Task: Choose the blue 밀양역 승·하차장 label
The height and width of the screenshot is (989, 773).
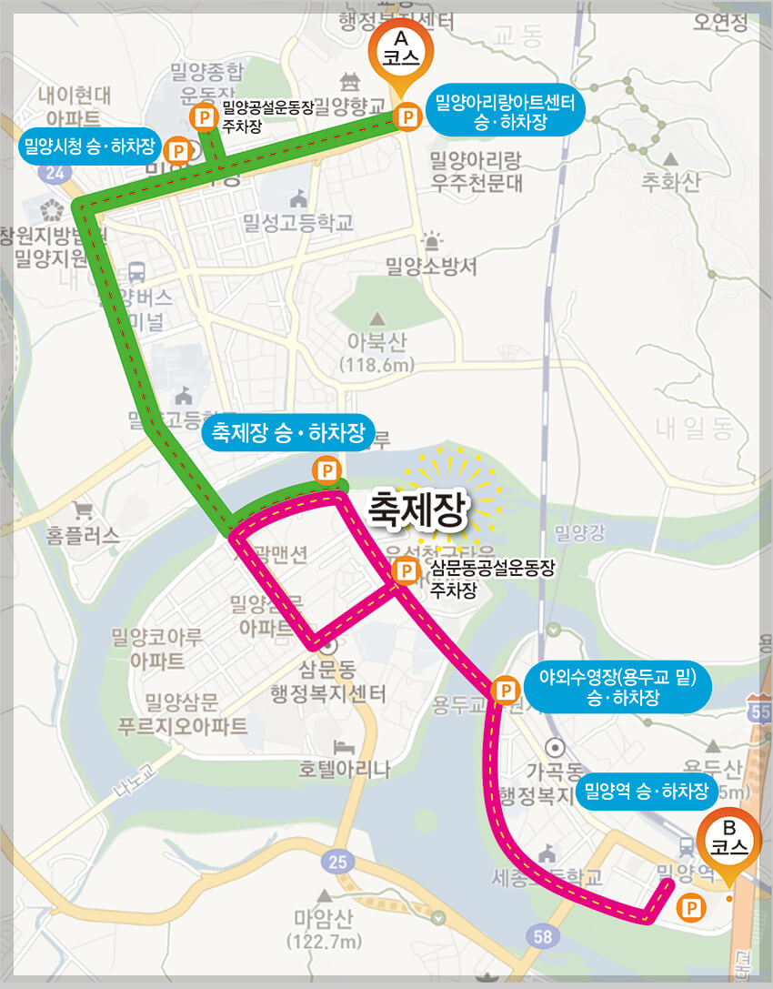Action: point(647,792)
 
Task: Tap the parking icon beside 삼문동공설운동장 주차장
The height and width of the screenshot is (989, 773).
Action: point(406,571)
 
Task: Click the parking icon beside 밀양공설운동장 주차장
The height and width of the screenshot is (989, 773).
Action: point(204,116)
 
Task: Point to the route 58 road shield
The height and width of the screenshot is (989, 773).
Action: point(543,936)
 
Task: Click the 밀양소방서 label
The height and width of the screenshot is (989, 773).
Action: point(431,266)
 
